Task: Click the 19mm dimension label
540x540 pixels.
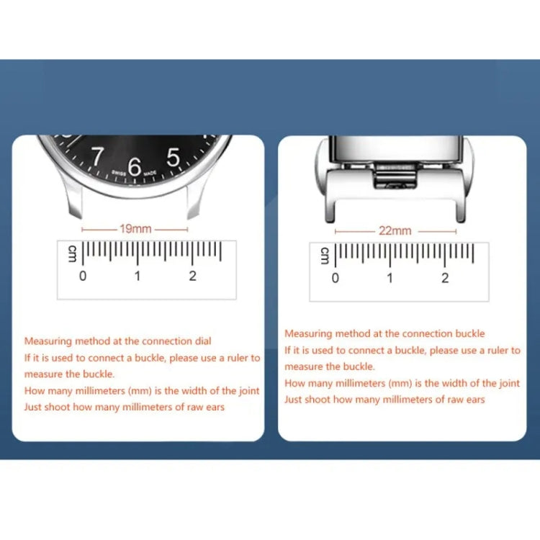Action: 135,229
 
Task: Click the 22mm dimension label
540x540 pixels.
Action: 395,230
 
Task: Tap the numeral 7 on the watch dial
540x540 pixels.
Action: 96,156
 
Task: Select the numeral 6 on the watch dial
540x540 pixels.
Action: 135,166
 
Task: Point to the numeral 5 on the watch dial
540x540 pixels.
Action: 173,157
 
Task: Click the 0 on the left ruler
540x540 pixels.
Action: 83,276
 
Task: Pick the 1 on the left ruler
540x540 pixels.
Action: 138,276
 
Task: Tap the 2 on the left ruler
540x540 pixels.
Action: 192,276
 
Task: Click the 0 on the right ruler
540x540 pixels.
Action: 335,278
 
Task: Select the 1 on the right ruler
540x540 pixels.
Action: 390,278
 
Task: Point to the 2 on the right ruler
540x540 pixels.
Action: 445,278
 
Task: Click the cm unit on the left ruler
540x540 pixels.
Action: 72,254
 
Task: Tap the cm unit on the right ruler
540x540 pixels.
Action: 325,256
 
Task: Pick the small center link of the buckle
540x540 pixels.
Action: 395,176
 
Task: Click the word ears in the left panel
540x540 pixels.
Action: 215,407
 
